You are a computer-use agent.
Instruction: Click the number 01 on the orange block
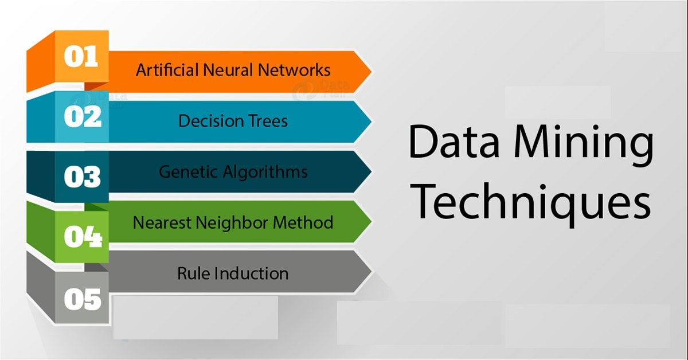coord(81,58)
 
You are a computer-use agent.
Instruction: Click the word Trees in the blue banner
coord(264,121)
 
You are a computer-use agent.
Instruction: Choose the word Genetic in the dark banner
coord(182,171)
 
